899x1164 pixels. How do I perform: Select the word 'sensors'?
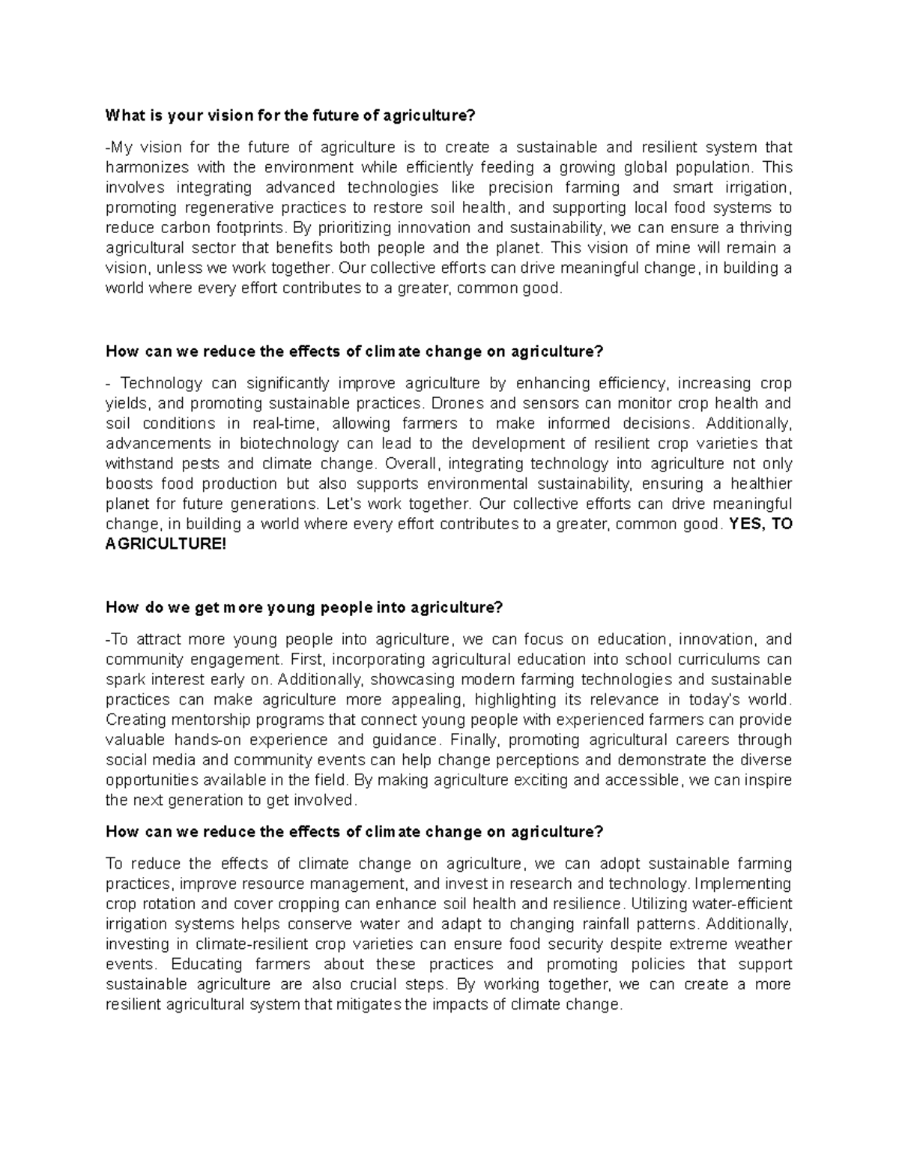pyautogui.click(x=542, y=403)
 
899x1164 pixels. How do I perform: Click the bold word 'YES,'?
pyautogui.click(x=747, y=525)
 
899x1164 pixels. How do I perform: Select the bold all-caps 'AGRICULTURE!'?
pyautogui.click(x=166, y=545)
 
